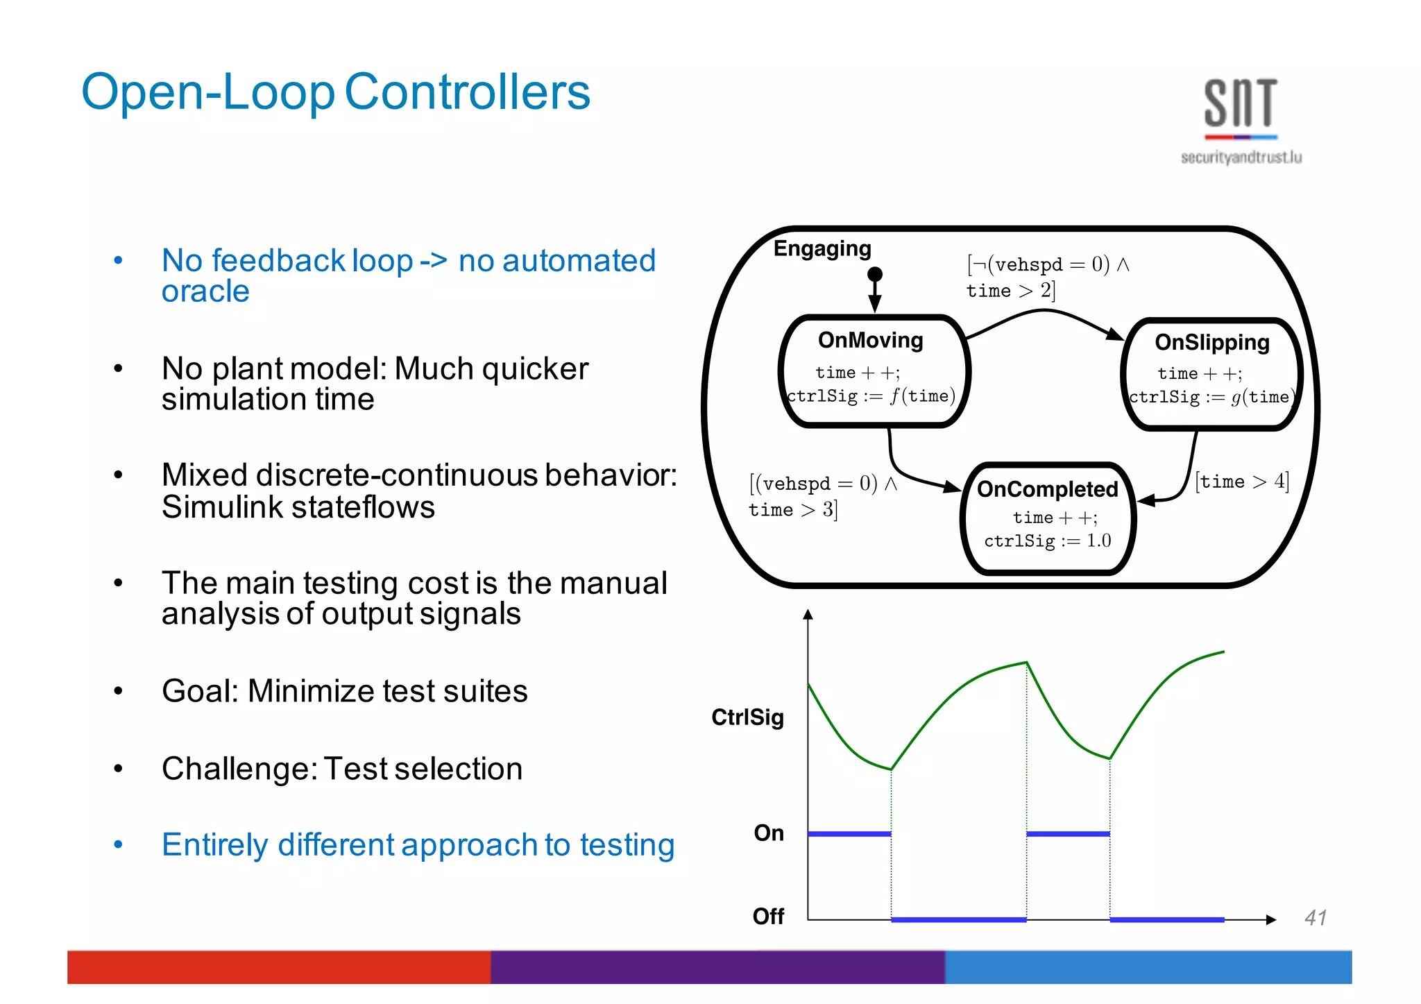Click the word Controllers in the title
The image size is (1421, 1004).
pos(467,92)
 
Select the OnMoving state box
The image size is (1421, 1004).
pos(874,371)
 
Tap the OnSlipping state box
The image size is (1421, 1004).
pos(1211,375)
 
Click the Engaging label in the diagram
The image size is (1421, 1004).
pos(822,248)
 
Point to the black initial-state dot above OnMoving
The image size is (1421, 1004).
pos(875,274)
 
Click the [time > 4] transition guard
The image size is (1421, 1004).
pos(1241,482)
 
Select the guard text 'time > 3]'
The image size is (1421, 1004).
pos(793,510)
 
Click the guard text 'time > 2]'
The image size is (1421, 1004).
pos(1011,291)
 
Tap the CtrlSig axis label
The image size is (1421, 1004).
pos(747,717)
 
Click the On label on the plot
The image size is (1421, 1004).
pos(769,833)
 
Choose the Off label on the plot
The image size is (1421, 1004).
pos(768,917)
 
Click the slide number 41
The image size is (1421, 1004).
pos(1316,918)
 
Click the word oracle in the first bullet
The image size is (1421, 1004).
pos(205,291)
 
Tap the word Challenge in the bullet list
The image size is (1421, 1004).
pos(238,769)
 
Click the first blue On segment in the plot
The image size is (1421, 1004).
pos(849,834)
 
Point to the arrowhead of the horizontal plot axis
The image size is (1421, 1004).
pos(1271,920)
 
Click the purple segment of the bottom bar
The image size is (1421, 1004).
pos(717,967)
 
